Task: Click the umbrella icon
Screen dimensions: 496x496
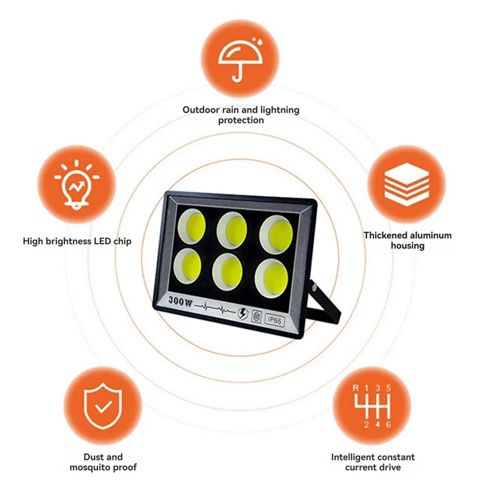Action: (x=241, y=60)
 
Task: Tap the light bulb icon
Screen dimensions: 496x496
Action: (x=76, y=184)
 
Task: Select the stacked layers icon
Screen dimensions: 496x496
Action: (x=407, y=184)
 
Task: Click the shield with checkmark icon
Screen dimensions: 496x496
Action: (x=103, y=406)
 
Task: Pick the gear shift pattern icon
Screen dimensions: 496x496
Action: (x=372, y=406)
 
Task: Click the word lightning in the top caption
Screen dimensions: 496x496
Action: (x=280, y=110)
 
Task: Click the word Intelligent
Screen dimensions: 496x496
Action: (x=352, y=457)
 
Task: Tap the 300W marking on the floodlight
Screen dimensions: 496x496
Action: (x=180, y=301)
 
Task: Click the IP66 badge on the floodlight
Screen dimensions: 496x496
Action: (x=275, y=320)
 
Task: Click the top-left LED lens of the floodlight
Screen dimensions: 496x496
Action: (x=192, y=226)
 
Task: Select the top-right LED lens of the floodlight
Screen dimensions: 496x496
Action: (x=276, y=234)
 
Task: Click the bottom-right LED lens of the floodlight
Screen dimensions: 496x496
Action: (x=272, y=278)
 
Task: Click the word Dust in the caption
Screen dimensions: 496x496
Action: (x=92, y=457)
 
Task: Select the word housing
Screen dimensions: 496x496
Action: (x=407, y=246)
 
